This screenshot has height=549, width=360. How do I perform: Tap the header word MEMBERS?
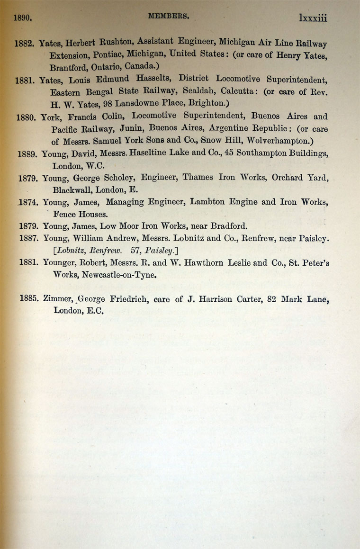coord(169,16)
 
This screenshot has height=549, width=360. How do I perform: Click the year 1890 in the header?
coord(22,18)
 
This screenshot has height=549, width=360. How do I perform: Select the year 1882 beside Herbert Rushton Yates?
coord(24,44)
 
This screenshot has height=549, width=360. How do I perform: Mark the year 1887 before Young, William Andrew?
coord(29,238)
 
